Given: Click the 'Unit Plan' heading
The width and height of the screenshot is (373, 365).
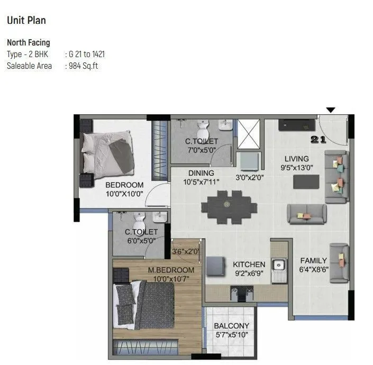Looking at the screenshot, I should pyautogui.click(x=26, y=21).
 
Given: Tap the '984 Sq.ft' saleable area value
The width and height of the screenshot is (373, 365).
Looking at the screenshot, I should pyautogui.click(x=84, y=66).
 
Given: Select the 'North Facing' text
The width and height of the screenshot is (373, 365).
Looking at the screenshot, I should pyautogui.click(x=28, y=43).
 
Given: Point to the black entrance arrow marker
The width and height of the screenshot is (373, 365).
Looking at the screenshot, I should pyautogui.click(x=331, y=110).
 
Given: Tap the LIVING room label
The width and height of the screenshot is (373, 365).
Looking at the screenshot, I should pyautogui.click(x=296, y=159).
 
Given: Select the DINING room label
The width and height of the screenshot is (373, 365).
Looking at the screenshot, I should pyautogui.click(x=201, y=173).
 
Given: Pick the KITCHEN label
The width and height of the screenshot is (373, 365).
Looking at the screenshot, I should pyautogui.click(x=249, y=264).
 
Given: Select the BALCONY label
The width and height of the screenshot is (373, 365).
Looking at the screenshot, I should pyautogui.click(x=231, y=326).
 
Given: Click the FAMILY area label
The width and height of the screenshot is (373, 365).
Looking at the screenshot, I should pyautogui.click(x=313, y=261).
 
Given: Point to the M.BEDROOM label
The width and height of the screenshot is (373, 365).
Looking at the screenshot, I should pyautogui.click(x=171, y=270).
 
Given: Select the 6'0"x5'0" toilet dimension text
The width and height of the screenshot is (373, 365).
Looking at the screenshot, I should pyautogui.click(x=141, y=241).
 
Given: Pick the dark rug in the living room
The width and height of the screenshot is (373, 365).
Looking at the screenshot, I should pyautogui.click(x=306, y=181).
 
